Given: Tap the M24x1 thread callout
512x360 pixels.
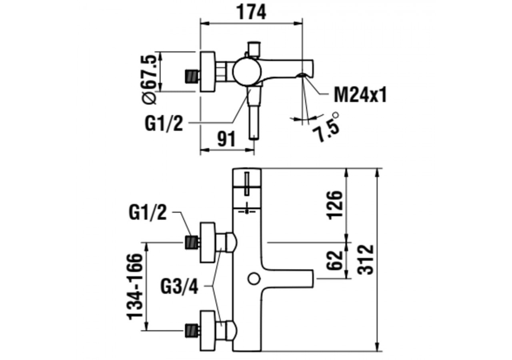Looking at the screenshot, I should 360,96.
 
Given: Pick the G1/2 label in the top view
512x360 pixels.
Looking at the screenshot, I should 164,124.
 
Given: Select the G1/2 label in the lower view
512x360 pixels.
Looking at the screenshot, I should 148,212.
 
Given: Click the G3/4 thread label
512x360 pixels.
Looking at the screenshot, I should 180,286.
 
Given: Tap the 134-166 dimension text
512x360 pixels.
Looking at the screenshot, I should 136,286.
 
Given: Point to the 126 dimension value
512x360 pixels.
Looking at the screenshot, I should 335,204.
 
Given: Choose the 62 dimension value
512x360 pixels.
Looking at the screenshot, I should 335,260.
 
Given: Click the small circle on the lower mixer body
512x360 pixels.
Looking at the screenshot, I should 254,278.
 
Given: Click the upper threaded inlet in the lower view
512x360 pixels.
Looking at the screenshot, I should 192,242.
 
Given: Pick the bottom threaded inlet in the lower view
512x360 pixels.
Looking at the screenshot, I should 192,330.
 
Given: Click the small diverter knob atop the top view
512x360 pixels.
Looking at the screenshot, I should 254,48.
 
